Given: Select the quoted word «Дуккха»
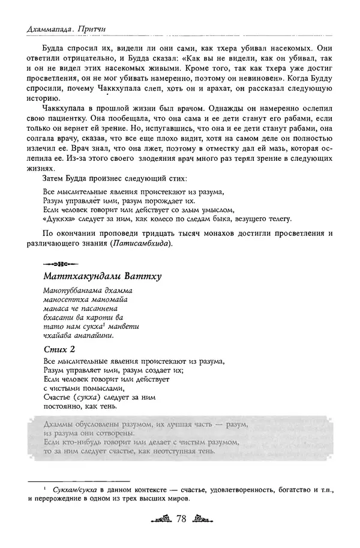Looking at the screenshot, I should tap(58, 219).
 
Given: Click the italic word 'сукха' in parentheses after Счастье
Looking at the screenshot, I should tap(85, 397).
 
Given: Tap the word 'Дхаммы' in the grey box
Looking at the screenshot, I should tap(59, 424).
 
